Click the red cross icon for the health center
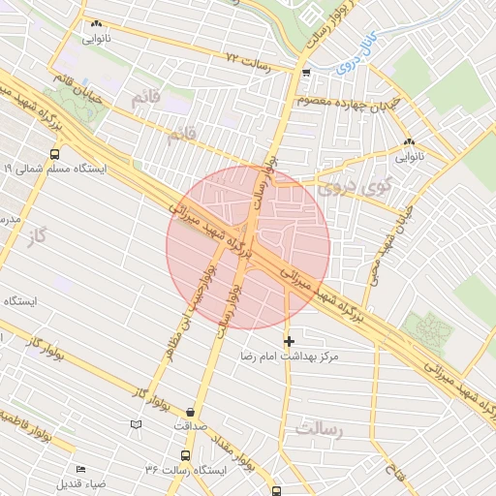289,341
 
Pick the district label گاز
38,235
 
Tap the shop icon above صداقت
190,411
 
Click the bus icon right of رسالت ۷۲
306,72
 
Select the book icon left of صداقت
136,424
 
